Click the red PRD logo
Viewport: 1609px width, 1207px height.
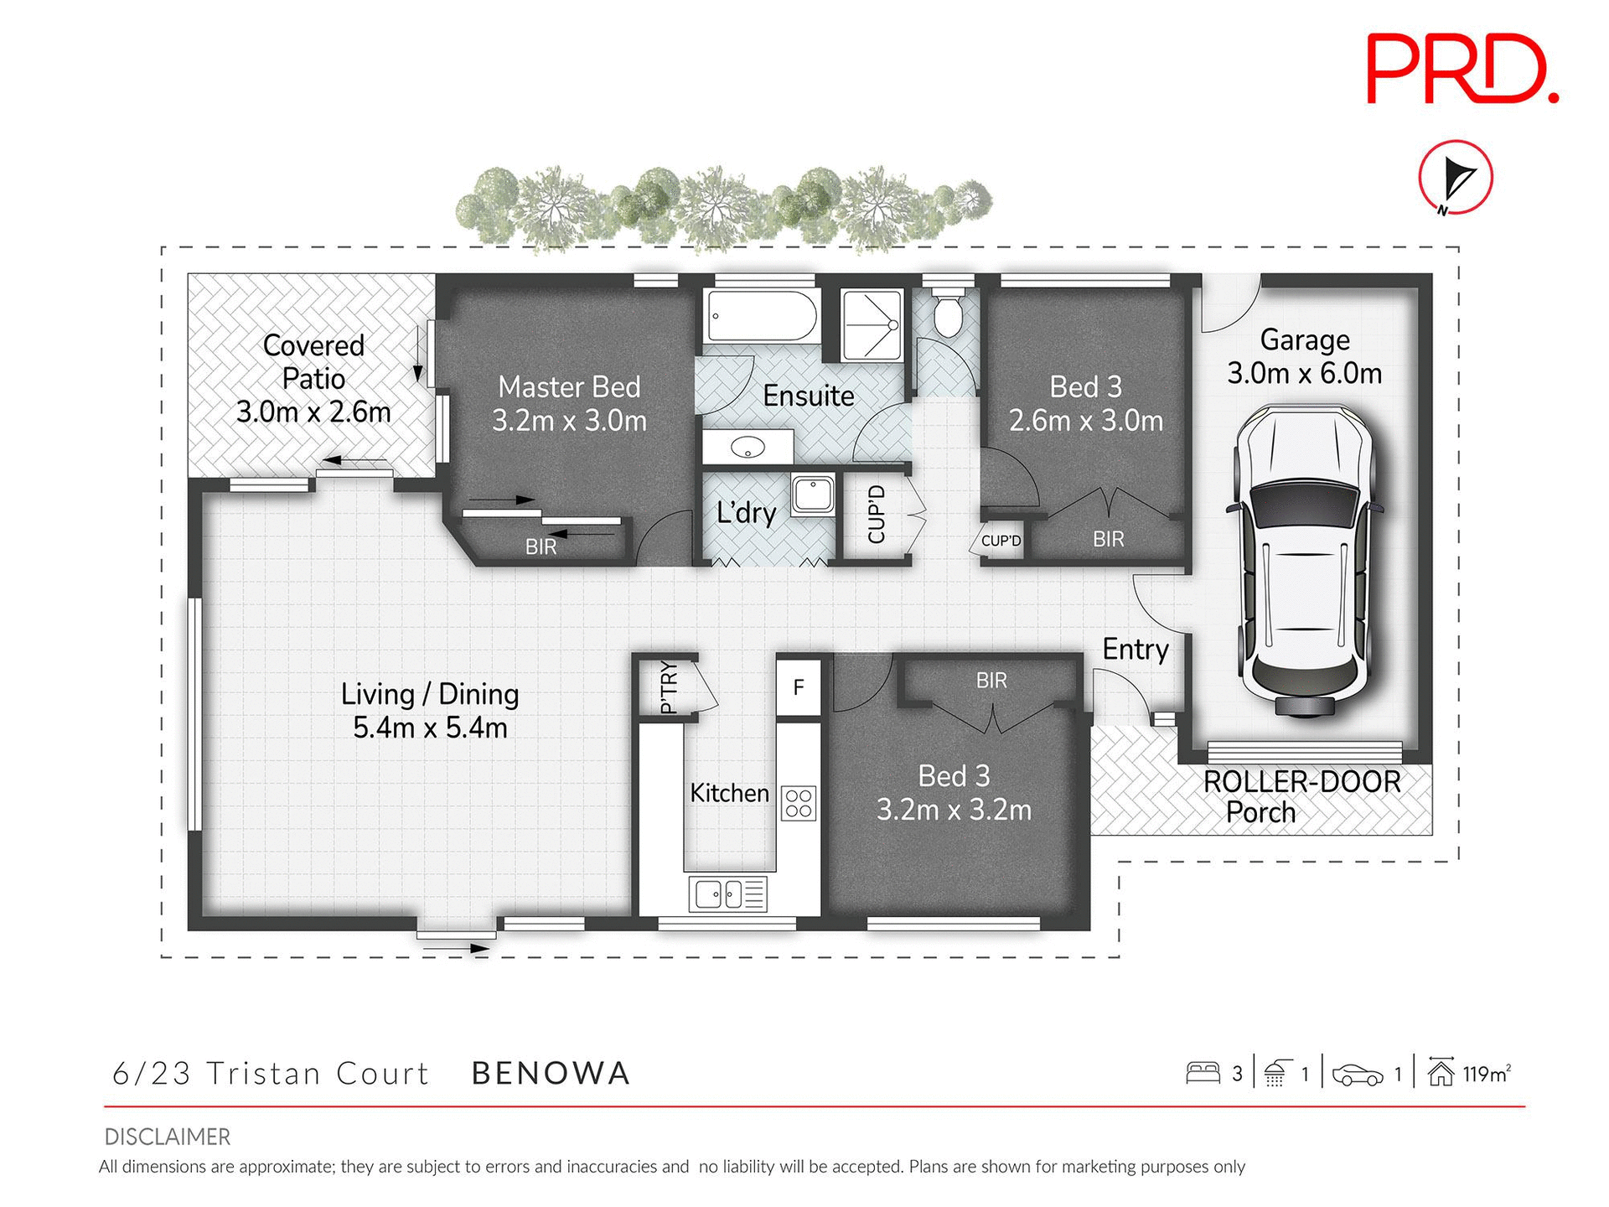click(1462, 69)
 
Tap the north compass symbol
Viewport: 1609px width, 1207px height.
click(1456, 178)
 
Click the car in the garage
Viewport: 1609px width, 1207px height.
click(1304, 562)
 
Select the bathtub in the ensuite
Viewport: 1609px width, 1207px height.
click(760, 316)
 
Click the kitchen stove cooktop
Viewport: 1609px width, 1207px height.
click(799, 803)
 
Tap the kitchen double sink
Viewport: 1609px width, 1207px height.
click(727, 894)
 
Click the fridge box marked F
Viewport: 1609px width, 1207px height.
click(798, 687)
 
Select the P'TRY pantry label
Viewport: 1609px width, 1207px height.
click(668, 687)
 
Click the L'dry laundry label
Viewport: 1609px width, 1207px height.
click(746, 512)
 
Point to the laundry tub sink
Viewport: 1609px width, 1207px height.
click(812, 494)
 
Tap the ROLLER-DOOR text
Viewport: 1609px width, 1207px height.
click(1301, 781)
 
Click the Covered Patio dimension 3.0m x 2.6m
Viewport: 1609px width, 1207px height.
click(313, 412)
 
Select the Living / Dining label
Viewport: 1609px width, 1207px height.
click(430, 694)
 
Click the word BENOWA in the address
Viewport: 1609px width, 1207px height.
click(551, 1074)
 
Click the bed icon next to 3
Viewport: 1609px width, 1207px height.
click(1203, 1074)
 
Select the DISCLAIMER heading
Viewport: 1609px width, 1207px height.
click(167, 1137)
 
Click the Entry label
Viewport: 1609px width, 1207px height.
click(1135, 649)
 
